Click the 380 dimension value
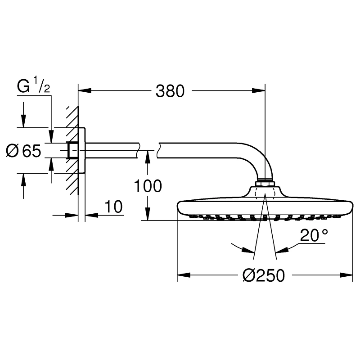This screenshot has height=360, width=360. click(170, 91)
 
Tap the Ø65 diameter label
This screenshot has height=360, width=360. click(23, 151)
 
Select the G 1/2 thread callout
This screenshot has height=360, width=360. click(33, 85)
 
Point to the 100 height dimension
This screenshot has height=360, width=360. click(148, 186)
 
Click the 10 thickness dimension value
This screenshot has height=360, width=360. click(113, 207)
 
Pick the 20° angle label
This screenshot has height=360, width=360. click(314, 235)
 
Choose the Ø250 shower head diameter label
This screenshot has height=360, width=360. click(264, 275)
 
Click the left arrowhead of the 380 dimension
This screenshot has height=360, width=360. click(85, 91)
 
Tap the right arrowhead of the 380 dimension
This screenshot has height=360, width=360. click(258, 91)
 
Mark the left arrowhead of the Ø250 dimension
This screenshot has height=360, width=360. click(184, 275)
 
